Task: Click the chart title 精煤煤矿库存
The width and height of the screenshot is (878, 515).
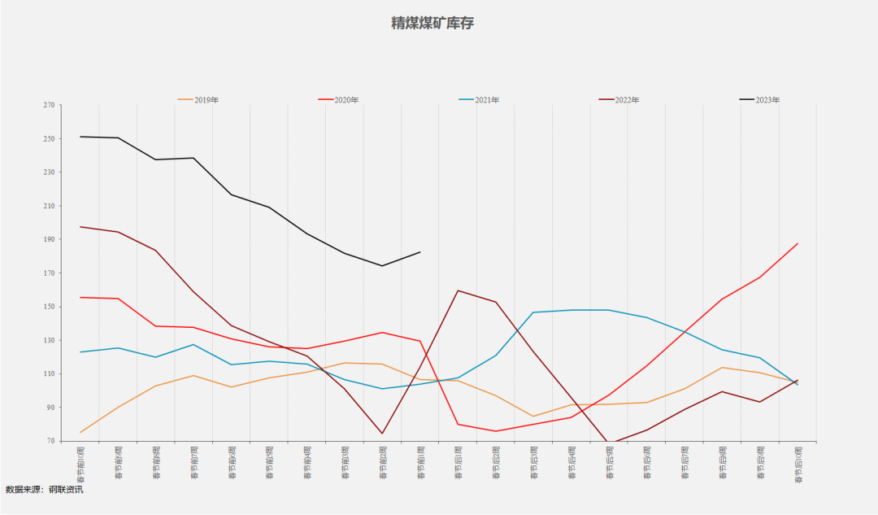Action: point(432,23)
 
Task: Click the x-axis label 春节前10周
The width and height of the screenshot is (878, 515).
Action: point(80,465)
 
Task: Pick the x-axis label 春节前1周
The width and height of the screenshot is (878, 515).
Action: point(420,463)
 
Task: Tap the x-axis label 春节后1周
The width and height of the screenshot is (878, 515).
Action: point(458,463)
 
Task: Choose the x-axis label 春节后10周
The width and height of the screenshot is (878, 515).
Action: point(798,465)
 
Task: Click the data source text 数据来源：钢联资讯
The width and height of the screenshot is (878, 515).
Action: point(44,490)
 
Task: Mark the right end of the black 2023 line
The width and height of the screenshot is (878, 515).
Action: point(420,252)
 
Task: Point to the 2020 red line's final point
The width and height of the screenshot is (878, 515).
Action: point(798,243)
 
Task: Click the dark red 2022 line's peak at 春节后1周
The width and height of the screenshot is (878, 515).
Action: point(458,290)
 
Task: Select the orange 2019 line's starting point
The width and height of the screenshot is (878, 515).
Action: point(80,432)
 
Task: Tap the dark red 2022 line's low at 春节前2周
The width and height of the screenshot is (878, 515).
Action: point(382,434)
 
